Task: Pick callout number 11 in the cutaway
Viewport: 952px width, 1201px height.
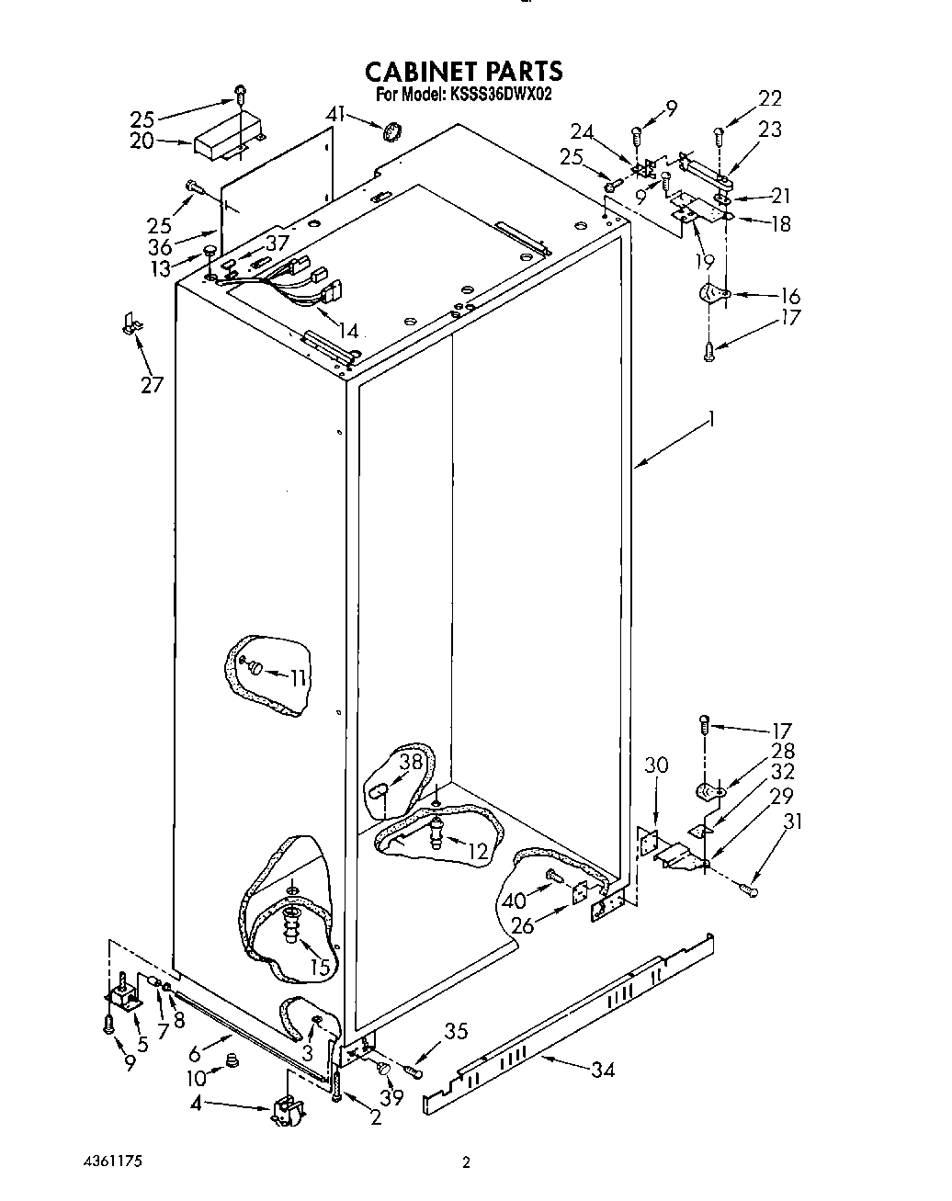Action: coord(298,678)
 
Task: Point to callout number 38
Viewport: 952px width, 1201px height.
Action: coord(409,761)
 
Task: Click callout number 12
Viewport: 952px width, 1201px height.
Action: coord(478,851)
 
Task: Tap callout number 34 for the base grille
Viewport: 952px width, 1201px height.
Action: coord(603,1069)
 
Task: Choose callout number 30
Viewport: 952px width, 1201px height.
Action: coord(656,765)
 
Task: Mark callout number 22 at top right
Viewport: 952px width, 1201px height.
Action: coord(770,98)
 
